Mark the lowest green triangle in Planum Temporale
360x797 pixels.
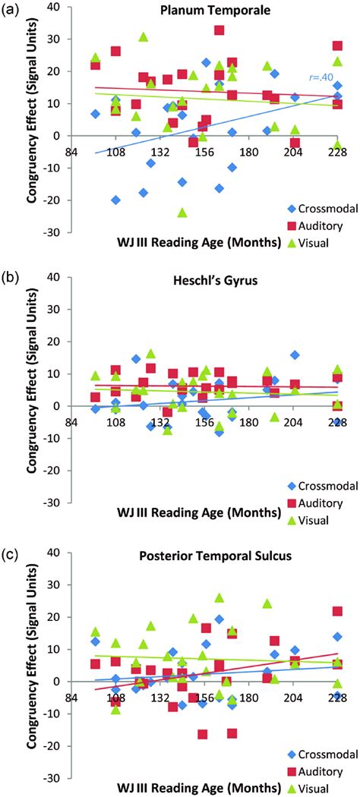(x=182, y=213)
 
